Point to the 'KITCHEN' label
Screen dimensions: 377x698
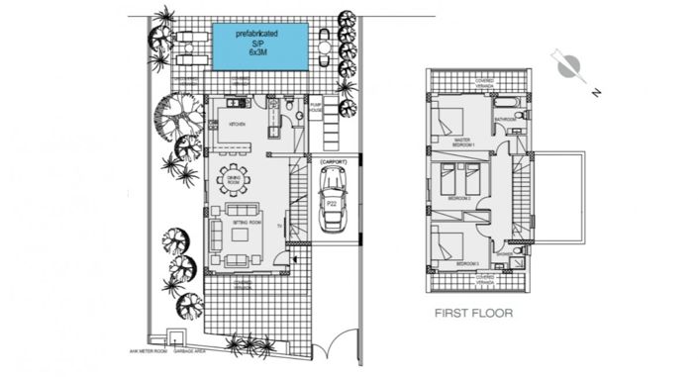238,125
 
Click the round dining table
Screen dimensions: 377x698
236,181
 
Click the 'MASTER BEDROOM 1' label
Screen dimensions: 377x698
465,142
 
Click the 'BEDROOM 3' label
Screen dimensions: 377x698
467,264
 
